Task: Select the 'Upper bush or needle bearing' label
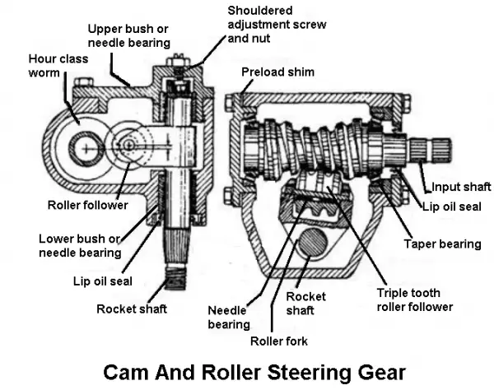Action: pos(128,35)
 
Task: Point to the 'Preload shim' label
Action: pos(277,72)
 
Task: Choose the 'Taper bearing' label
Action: pos(441,244)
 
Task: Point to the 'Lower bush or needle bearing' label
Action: pos(78,246)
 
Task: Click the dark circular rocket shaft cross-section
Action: pos(312,247)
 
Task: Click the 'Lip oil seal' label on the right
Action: pos(452,207)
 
